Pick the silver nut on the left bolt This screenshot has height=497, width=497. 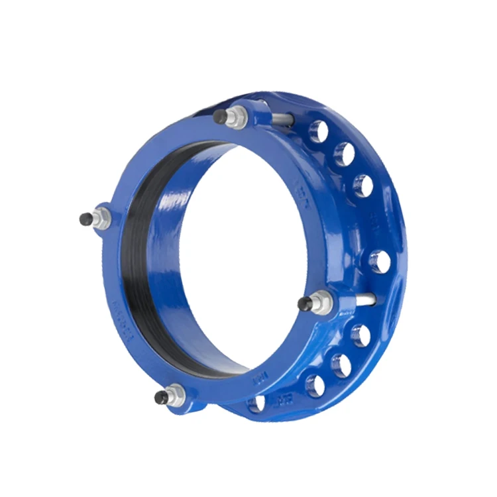[x=103, y=218]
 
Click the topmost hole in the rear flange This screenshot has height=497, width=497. [x=319, y=132]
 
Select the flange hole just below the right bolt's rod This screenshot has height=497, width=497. [x=361, y=335]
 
